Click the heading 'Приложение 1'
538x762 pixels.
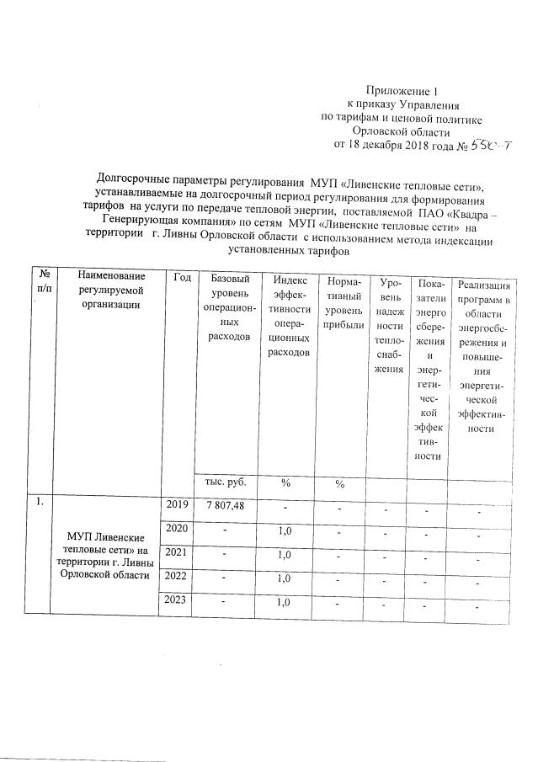pos(402,90)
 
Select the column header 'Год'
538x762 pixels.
pos(181,277)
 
